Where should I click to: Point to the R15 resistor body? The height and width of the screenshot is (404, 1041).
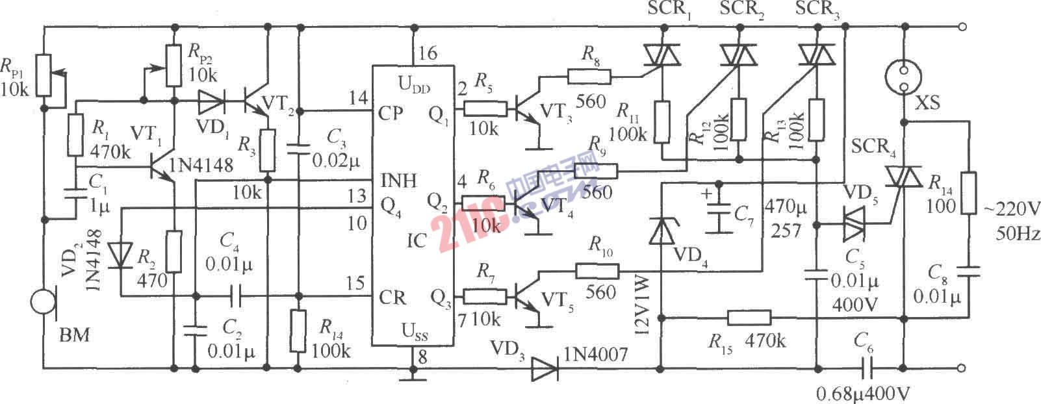tap(749, 318)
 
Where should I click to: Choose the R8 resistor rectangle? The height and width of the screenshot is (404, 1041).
tap(589, 77)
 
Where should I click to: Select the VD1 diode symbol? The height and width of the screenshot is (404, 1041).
tap(212, 101)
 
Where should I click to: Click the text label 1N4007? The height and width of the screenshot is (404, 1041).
tap(596, 354)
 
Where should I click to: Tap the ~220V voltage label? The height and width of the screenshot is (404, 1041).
tap(1010, 209)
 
